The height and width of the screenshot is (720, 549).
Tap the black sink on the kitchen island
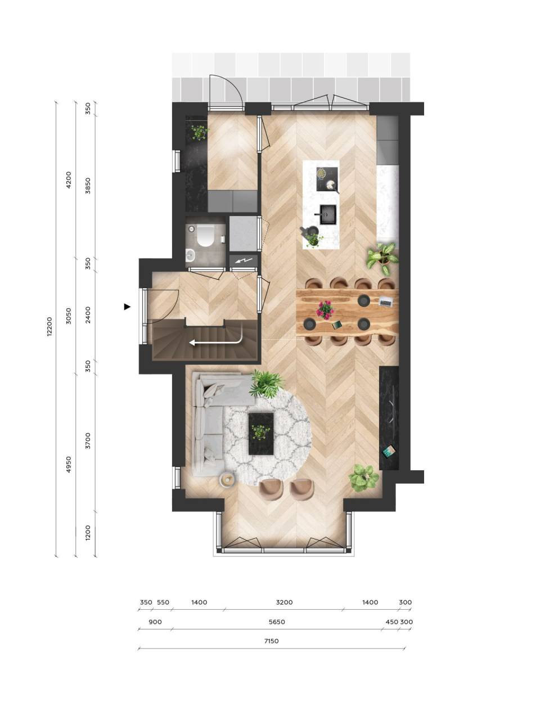point(327,215)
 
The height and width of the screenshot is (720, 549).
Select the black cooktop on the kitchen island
point(327,179)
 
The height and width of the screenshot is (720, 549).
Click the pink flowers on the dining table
point(325,310)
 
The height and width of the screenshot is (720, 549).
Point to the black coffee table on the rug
point(261,434)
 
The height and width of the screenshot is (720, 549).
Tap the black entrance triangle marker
point(127,307)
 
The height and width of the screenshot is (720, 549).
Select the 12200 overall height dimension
point(49,327)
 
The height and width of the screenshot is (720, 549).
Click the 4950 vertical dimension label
point(69,465)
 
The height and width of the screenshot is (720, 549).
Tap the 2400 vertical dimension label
point(88,315)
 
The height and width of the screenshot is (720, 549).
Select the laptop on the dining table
point(386,301)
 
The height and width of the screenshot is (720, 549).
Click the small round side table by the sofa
point(227,480)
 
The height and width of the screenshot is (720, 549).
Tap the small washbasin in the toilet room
point(190,255)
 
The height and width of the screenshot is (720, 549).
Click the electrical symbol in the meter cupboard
point(243,261)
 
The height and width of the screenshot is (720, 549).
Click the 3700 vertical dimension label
point(88,440)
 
